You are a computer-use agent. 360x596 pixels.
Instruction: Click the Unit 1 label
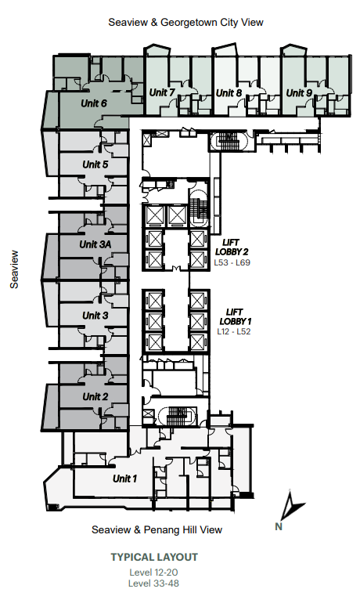click(x=124, y=479)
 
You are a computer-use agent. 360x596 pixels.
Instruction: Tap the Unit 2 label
click(x=95, y=397)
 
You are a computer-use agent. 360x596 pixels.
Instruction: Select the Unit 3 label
click(x=95, y=316)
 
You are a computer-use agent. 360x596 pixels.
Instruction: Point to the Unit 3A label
click(x=95, y=244)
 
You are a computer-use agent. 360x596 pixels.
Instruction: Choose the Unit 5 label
click(x=95, y=164)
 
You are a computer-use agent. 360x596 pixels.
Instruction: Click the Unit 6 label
click(x=94, y=103)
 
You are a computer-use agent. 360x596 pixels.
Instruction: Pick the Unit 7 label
click(x=162, y=92)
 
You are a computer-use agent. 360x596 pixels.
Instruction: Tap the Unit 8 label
click(x=229, y=92)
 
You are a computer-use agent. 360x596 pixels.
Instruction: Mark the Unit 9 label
click(x=299, y=92)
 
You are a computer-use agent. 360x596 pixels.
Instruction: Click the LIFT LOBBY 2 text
click(x=232, y=247)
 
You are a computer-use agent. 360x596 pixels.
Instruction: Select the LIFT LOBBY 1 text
click(x=235, y=316)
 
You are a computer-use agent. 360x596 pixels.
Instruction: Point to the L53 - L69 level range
click(x=232, y=262)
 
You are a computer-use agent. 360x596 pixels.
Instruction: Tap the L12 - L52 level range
click(x=234, y=331)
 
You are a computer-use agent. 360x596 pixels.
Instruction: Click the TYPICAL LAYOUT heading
click(x=154, y=558)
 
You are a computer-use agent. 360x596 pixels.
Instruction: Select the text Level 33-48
click(x=154, y=583)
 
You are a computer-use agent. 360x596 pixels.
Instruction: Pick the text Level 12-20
click(x=154, y=573)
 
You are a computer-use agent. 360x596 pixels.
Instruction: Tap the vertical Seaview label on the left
click(x=14, y=269)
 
